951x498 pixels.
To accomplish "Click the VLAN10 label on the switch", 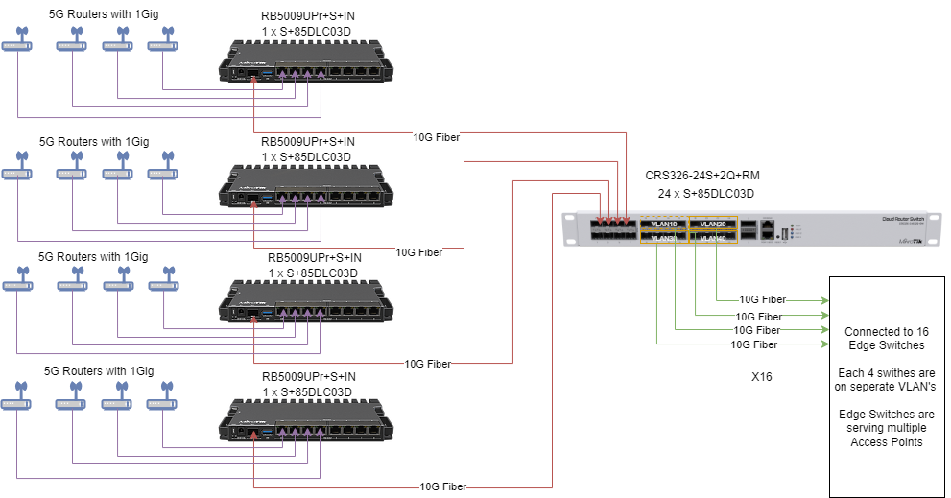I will (664, 224).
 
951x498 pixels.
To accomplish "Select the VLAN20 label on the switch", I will (714, 224).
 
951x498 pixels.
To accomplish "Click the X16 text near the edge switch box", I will (761, 376).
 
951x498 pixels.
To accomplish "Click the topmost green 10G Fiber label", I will (762, 300).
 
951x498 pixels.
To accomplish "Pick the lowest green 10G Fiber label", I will (754, 344).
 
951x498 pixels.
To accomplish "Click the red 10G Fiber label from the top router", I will (436, 137).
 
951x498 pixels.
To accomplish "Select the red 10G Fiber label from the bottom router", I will (442, 486).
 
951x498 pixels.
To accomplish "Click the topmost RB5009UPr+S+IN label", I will (306, 16).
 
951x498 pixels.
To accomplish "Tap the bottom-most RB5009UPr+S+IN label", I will (308, 376).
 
